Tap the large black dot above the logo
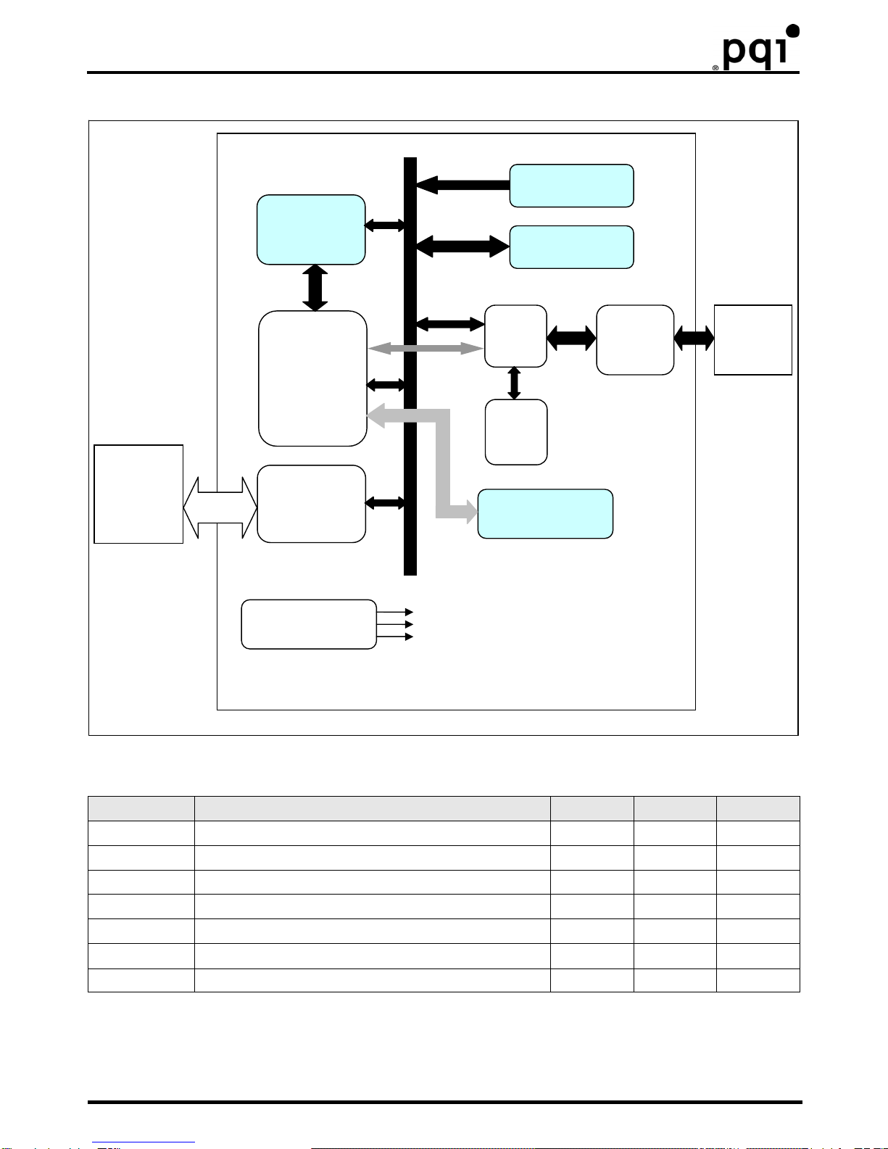pos(792,30)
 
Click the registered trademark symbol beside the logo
pos(715,67)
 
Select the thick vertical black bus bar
pos(410,366)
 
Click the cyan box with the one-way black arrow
pos(571,186)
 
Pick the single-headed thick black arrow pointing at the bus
pos(463,185)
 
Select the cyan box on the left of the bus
pos(311,230)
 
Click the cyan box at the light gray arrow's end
pos(545,513)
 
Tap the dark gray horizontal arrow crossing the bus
pos(426,348)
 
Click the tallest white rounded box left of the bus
pos(312,378)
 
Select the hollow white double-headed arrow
pos(220,507)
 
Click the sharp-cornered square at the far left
pos(138,494)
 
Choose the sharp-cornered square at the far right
pos(752,340)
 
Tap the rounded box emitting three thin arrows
pos(309,624)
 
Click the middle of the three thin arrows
pos(395,624)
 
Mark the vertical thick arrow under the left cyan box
pos(315,288)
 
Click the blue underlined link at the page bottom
pos(144,1142)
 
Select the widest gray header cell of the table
pos(372,808)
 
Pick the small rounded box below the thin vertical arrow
pos(516,432)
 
